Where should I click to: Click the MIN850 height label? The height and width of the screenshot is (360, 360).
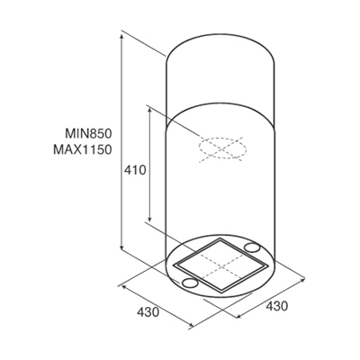88,133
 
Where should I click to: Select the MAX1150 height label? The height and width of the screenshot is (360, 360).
83,149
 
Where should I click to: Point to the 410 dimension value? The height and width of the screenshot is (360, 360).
135,170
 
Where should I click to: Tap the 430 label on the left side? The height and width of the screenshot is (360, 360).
148,312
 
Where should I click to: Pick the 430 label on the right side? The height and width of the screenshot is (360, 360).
277,306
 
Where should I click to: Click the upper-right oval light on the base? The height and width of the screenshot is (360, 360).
251,247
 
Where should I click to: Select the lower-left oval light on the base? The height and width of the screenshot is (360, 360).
190,283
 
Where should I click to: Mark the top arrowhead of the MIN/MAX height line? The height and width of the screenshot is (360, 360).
121,36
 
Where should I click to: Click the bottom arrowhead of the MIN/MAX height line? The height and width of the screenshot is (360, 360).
121,247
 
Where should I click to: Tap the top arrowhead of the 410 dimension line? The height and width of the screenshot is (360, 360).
150,111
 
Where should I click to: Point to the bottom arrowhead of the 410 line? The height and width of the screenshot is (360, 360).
150,218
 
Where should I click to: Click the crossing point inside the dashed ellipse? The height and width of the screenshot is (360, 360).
222,148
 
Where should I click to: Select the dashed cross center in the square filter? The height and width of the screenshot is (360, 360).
221,266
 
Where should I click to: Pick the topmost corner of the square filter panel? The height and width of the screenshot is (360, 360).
220,238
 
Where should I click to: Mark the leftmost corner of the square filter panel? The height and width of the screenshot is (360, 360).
174,265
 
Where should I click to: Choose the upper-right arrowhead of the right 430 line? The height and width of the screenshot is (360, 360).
302,279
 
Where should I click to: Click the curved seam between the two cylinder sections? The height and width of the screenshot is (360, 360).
220,104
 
